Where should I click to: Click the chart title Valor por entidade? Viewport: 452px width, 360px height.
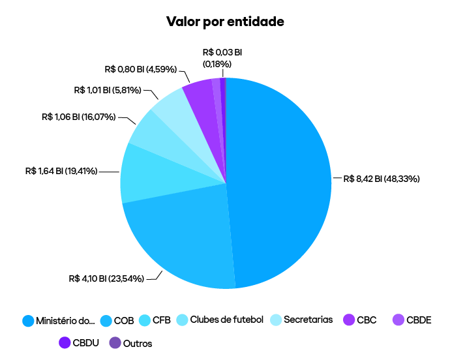(226, 22)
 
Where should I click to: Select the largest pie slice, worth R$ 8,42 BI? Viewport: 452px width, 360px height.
(280, 183)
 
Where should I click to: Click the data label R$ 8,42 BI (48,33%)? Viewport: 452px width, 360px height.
(381, 178)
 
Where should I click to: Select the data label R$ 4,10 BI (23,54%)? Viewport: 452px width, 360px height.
(106, 278)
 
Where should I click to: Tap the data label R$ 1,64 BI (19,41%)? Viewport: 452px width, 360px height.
(61, 172)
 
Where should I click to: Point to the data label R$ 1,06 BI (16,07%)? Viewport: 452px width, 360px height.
(78, 117)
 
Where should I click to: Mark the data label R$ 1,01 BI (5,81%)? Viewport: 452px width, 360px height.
(108, 90)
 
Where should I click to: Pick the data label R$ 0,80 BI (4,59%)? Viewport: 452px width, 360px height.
(140, 68)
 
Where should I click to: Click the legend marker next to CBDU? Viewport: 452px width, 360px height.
(65, 342)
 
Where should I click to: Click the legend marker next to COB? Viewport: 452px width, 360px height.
(106, 320)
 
